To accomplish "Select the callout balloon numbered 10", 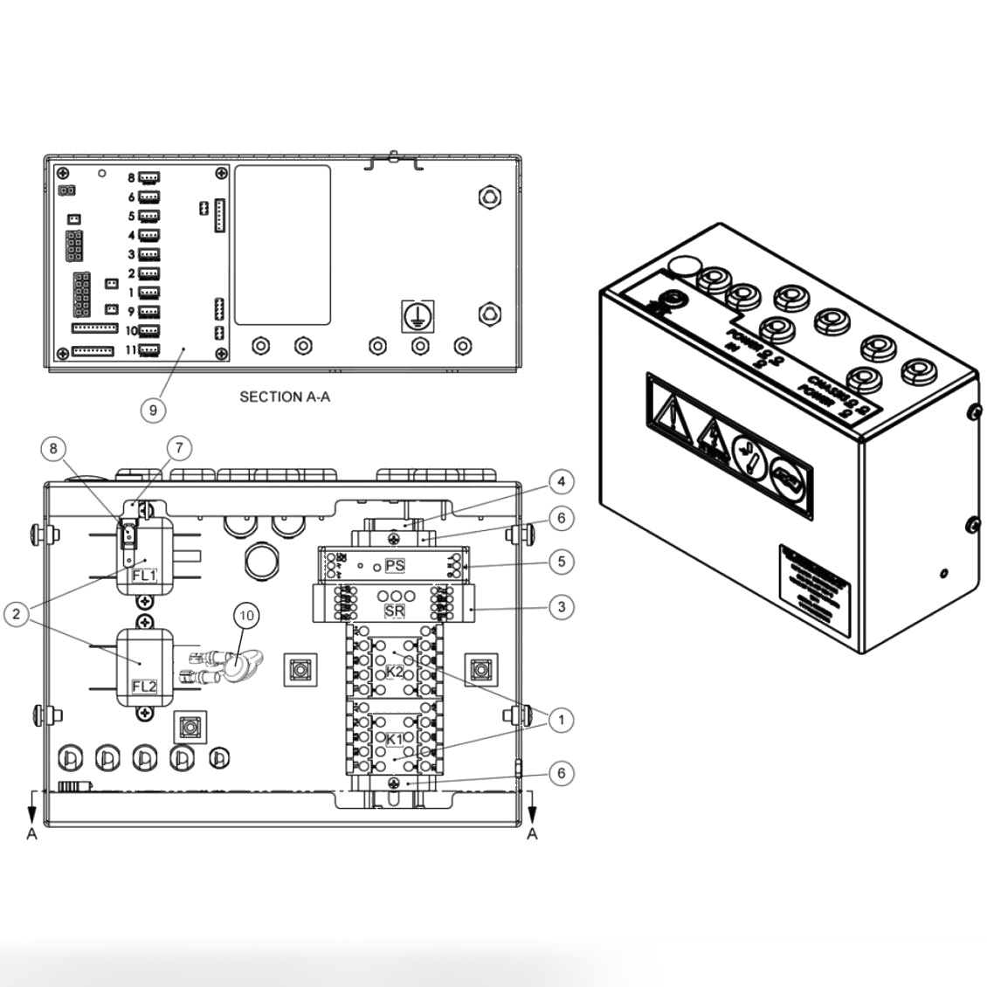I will coord(247,616).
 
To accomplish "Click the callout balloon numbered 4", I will coord(562,481).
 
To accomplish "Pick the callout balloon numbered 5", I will coord(562,562).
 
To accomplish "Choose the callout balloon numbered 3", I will coord(562,606).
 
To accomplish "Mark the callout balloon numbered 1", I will coord(562,720).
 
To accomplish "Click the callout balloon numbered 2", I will coord(15,615).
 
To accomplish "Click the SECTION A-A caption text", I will coord(285,397).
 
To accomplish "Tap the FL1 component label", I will coord(143,576).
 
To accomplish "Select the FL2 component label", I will coord(143,686).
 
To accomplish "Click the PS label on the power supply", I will coord(395,566).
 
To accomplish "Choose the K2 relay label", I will coord(395,672).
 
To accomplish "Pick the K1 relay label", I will coord(395,739).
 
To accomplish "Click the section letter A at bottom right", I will coord(532,834).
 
